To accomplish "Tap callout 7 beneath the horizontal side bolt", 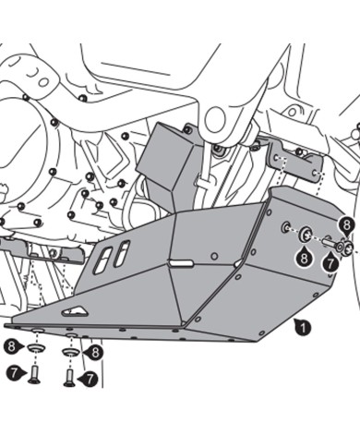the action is click(x=329, y=263).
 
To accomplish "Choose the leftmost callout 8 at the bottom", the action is click(x=12, y=346).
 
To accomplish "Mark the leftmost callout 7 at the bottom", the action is click(x=12, y=373).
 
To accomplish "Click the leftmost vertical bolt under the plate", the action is click(x=35, y=372).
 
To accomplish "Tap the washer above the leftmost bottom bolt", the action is click(x=35, y=349).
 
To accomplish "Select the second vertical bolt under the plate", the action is click(x=70, y=374).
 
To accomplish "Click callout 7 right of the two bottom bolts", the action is click(x=90, y=379).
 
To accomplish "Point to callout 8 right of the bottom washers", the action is click(x=95, y=352).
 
